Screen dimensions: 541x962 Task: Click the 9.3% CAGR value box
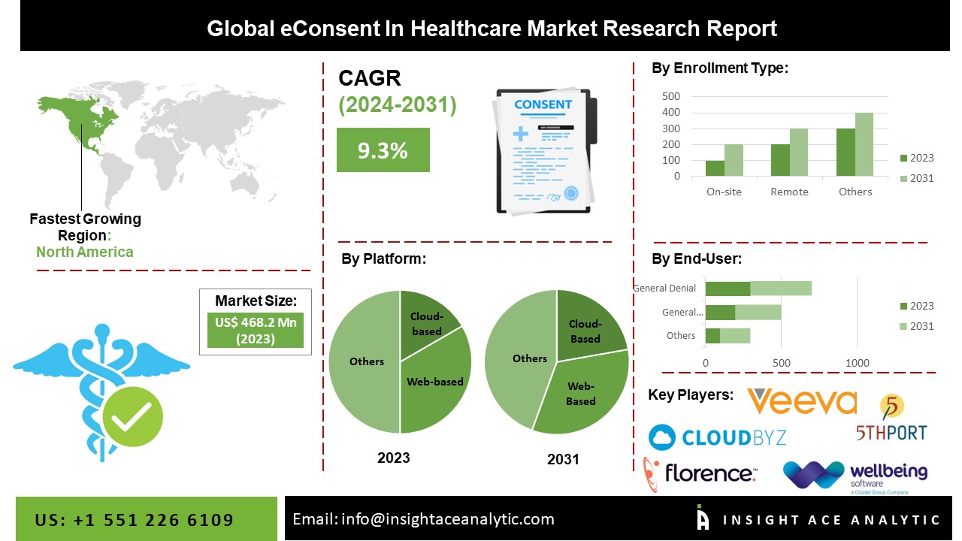(383, 150)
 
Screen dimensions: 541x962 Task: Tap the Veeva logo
(802, 403)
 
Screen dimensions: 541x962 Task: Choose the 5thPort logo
(892, 421)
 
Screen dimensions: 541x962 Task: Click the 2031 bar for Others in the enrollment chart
(864, 144)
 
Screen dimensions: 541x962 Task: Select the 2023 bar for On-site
(715, 168)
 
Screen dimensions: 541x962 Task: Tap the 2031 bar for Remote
(798, 153)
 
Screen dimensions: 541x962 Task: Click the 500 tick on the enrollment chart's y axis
(671, 96)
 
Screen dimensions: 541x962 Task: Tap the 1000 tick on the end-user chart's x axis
(858, 364)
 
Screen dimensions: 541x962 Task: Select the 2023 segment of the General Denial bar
(728, 289)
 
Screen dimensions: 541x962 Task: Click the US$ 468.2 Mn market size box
(255, 331)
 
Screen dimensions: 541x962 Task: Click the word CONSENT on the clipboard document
(543, 104)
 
